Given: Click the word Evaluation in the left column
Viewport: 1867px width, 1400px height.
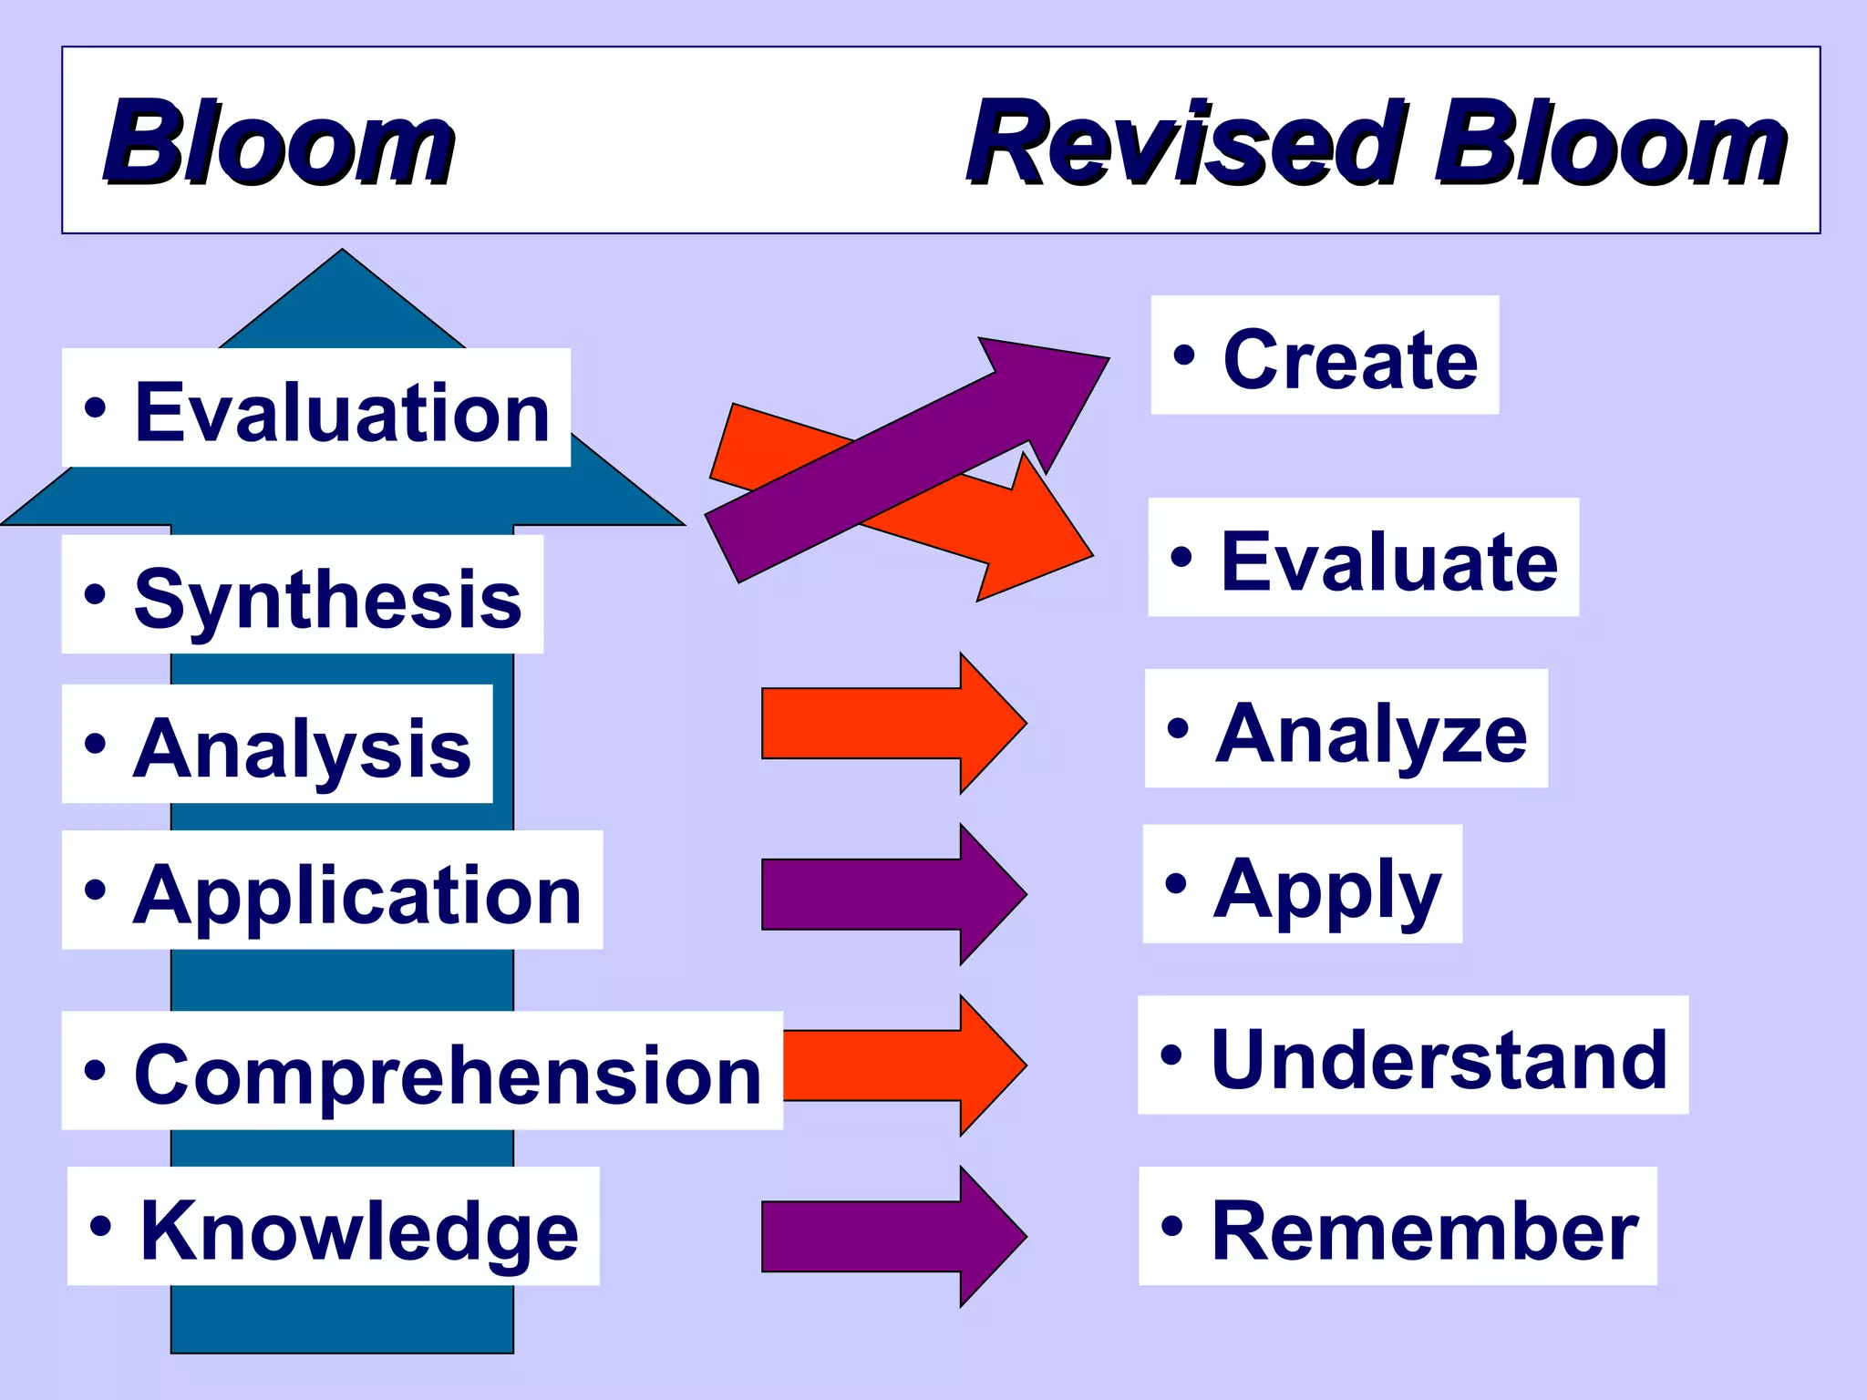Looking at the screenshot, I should [x=342, y=413].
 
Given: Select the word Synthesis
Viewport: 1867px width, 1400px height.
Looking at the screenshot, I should [x=327, y=599].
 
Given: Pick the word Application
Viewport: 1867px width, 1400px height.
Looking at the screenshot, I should [x=356, y=894].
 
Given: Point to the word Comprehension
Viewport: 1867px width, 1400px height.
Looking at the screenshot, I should [x=447, y=1075].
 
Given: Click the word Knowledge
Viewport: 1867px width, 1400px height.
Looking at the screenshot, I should [x=359, y=1230].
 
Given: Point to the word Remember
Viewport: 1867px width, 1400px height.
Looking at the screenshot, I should [x=1424, y=1230].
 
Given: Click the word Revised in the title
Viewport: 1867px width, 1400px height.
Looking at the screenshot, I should [x=1185, y=144].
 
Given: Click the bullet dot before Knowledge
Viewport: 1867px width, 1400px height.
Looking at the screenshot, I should [x=101, y=1226].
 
